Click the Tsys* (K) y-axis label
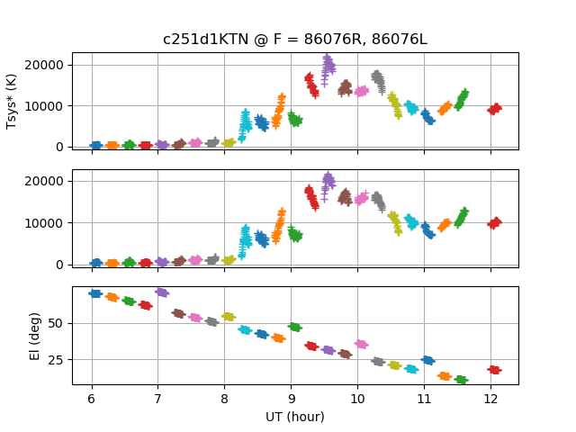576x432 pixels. point(13,100)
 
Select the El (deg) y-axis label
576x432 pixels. point(13,336)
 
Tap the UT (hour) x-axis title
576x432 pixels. point(294,417)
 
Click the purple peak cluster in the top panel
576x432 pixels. point(328,66)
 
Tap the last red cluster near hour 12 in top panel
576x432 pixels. point(494,109)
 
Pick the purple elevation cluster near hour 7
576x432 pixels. point(162,292)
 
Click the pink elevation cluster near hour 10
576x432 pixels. point(362,344)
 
